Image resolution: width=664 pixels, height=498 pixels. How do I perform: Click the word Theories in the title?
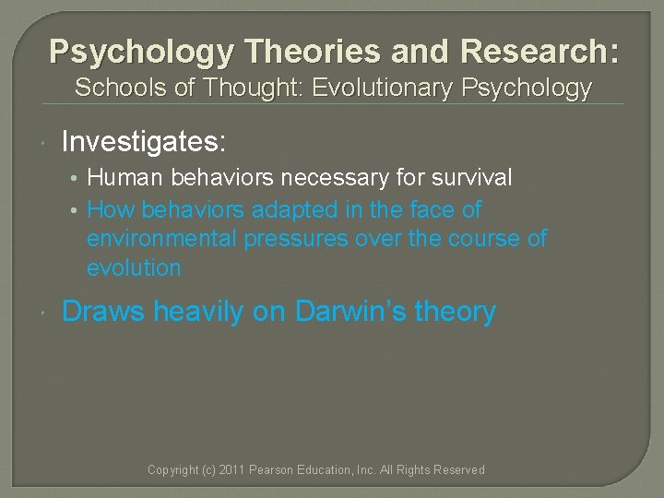(x=290, y=52)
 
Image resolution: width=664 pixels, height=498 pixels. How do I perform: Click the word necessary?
(x=336, y=177)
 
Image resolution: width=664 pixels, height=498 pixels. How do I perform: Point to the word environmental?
(x=162, y=239)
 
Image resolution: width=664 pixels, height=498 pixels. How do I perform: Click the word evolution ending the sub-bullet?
(x=135, y=268)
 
